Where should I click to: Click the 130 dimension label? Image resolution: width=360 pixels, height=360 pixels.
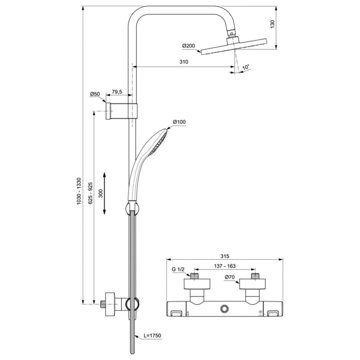[273, 24]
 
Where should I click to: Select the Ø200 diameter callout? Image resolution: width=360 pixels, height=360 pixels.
[188, 46]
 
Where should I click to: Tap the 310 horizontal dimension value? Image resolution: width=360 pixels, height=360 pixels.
[184, 62]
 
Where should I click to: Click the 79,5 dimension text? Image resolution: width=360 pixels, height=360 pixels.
[117, 92]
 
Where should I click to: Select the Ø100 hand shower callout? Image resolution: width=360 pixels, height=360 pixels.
[179, 122]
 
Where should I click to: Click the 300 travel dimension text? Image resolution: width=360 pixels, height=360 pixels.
[101, 193]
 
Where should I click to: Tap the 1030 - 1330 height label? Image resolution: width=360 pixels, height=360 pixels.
[79, 192]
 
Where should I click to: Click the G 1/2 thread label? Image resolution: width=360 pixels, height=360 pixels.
[178, 268]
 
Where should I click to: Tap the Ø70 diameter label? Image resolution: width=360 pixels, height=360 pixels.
[229, 277]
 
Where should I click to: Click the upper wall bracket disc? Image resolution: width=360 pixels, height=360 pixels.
[109, 111]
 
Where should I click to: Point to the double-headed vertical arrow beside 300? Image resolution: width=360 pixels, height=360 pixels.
[105, 193]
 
